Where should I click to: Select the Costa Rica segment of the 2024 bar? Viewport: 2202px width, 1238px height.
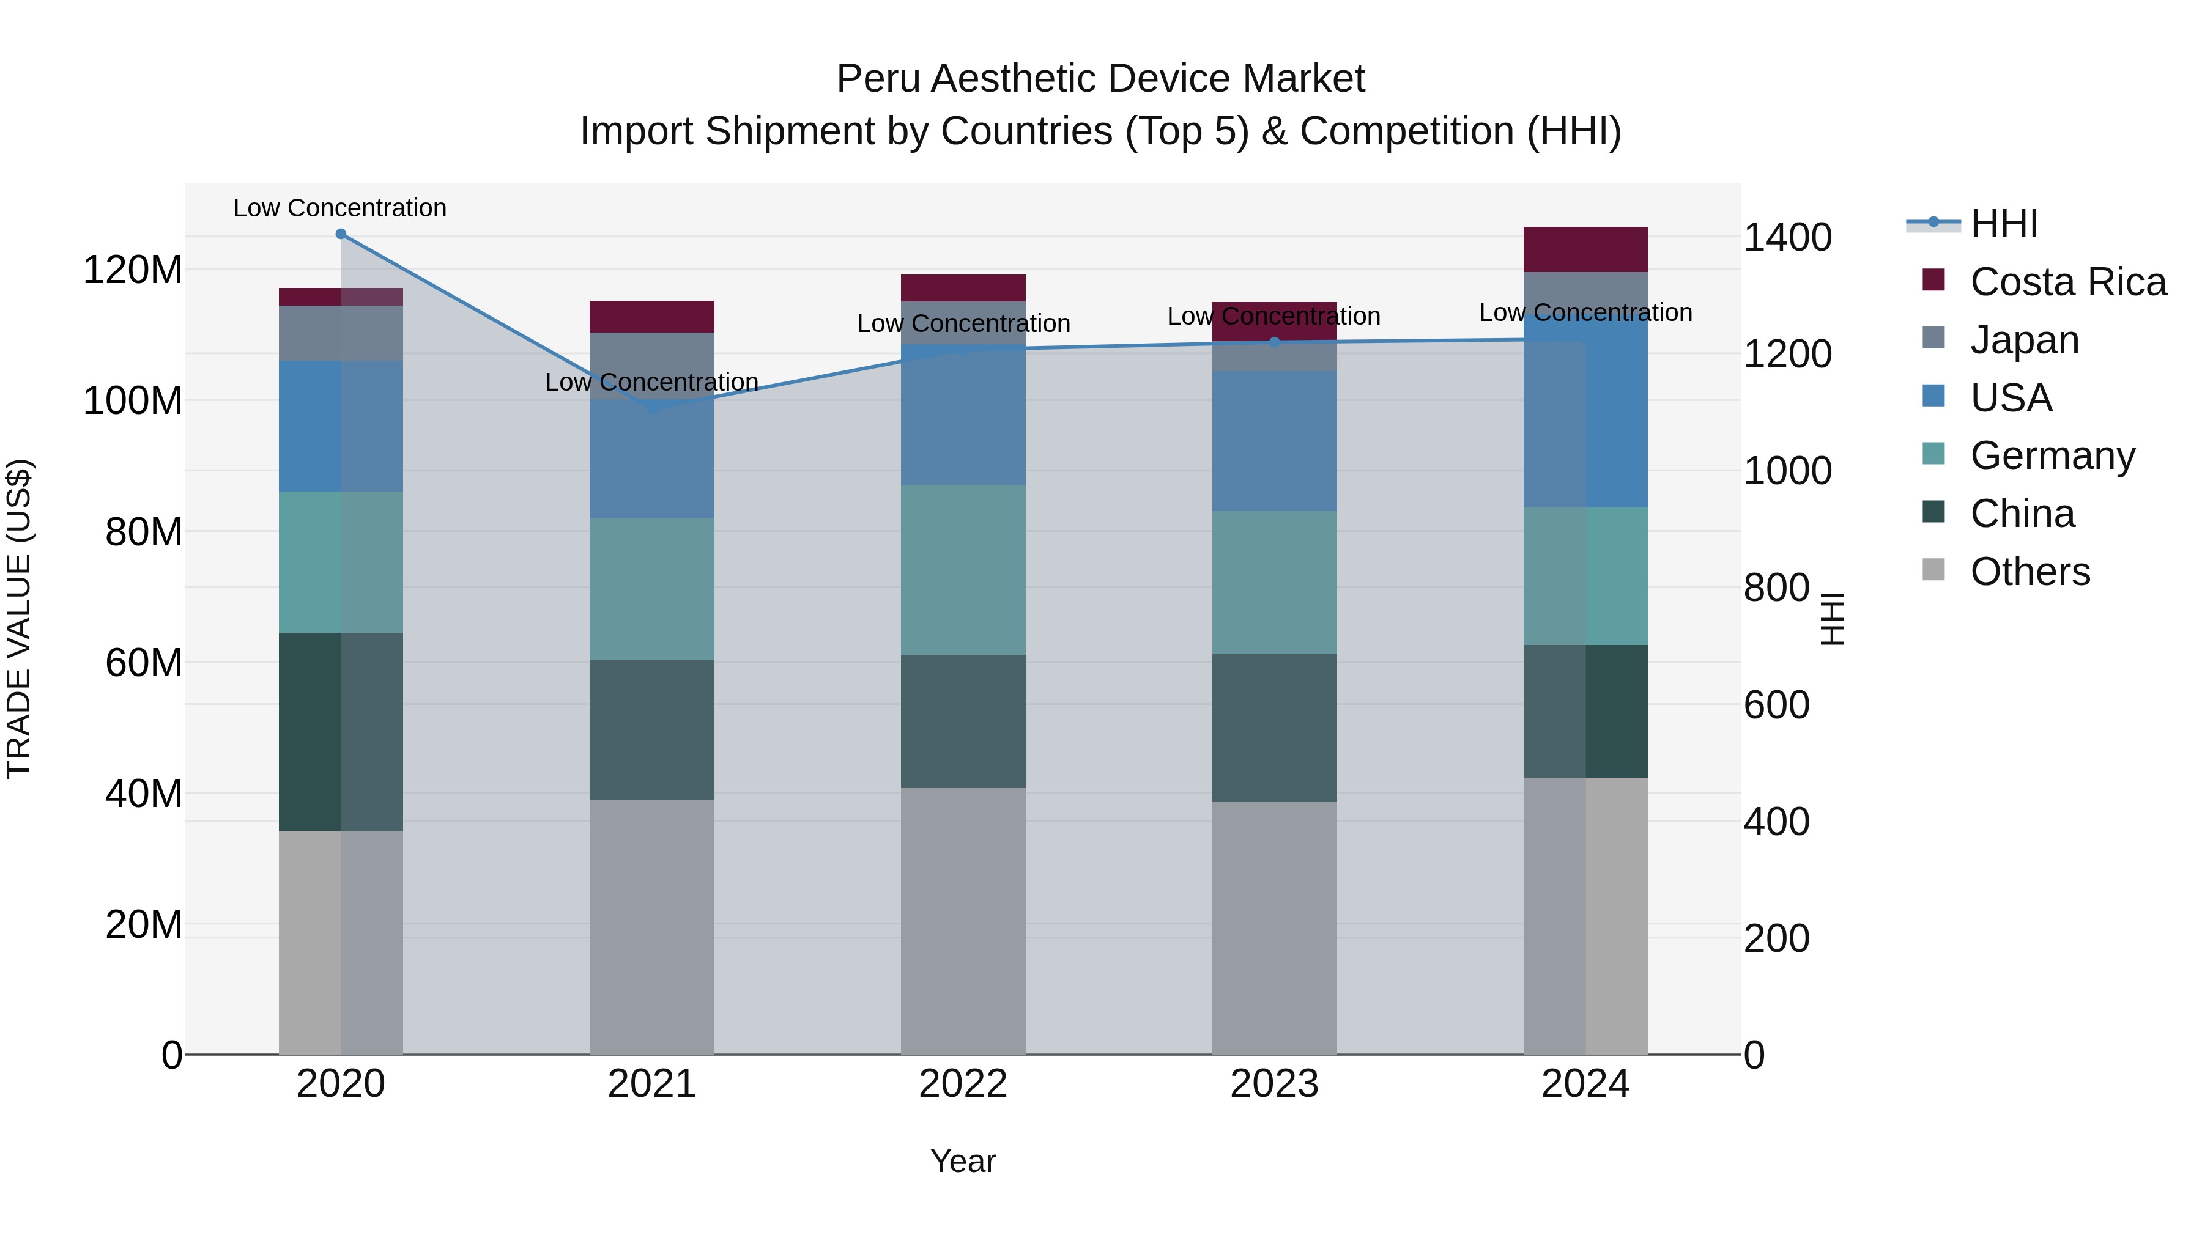[x=1585, y=249]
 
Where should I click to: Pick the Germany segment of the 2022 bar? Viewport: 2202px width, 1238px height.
[x=963, y=570]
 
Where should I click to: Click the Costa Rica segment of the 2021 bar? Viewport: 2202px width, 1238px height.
[x=651, y=317]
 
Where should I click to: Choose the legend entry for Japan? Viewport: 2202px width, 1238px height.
[x=2024, y=340]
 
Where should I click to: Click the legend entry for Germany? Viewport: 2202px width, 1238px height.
[x=2052, y=455]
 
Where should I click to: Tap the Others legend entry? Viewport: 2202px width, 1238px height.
[x=2030, y=572]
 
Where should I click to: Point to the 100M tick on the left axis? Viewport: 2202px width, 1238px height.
[x=133, y=400]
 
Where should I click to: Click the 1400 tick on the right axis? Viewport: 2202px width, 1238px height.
[x=1787, y=238]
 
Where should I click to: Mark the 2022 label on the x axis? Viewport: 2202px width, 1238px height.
[x=963, y=1084]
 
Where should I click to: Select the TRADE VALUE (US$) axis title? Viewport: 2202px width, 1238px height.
[x=19, y=619]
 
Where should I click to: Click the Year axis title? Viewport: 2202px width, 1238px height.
[x=963, y=1161]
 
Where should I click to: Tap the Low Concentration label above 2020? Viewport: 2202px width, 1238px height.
[x=339, y=208]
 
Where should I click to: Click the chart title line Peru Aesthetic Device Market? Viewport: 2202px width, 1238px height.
[x=1100, y=79]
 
